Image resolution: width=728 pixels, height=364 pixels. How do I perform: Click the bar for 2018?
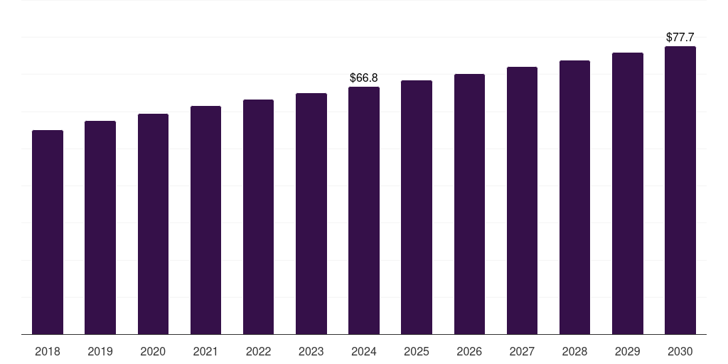pos(48,232)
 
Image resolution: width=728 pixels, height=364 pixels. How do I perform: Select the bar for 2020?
pos(153,224)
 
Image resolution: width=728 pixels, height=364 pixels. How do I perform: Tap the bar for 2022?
pos(258,217)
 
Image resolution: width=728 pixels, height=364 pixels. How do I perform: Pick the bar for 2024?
pos(364,210)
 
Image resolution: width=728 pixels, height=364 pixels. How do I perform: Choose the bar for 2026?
pos(469,204)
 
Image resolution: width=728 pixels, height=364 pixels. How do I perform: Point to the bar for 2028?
pos(574,197)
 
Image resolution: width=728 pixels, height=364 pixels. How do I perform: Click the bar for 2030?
pos(680,190)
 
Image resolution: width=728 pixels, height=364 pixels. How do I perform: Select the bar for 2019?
pos(100,227)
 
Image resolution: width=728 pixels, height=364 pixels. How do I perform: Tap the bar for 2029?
pos(628,193)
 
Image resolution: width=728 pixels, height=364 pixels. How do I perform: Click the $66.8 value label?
pos(364,77)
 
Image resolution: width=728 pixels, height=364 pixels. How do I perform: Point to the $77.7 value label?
pos(680,37)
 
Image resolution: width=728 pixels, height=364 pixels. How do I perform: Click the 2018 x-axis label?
pos(48,351)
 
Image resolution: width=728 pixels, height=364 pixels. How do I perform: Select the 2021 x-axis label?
pos(205,351)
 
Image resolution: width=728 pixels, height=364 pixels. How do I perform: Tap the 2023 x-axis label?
pos(311,351)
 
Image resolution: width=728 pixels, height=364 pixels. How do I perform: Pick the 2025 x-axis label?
pos(417,351)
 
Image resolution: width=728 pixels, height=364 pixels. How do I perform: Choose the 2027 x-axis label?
pos(522,351)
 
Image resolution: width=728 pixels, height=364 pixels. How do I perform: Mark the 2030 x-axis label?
pos(680,351)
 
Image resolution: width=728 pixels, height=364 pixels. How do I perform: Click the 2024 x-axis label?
pos(364,351)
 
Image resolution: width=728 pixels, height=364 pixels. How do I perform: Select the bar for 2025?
pos(417,207)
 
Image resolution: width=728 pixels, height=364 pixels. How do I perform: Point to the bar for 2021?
pos(205,220)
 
